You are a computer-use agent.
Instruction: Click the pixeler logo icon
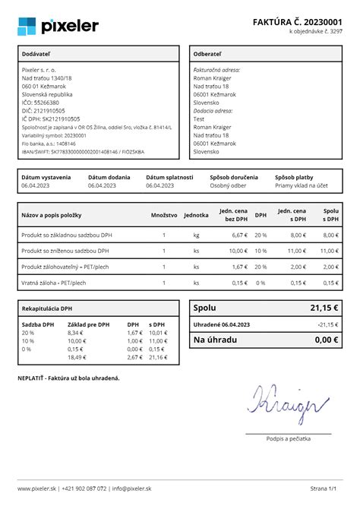pos(27,26)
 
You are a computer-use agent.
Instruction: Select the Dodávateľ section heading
pos(39,55)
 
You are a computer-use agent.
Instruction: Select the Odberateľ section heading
pos(207,55)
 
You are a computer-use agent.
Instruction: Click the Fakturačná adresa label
pos(216,70)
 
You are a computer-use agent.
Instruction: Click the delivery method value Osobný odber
pos(229,185)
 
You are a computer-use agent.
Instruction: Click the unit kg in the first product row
pos(196,236)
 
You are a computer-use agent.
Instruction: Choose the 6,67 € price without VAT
pos(240,236)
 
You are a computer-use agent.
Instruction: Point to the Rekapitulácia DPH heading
pos(47,309)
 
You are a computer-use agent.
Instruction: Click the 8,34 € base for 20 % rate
pos(76,333)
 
